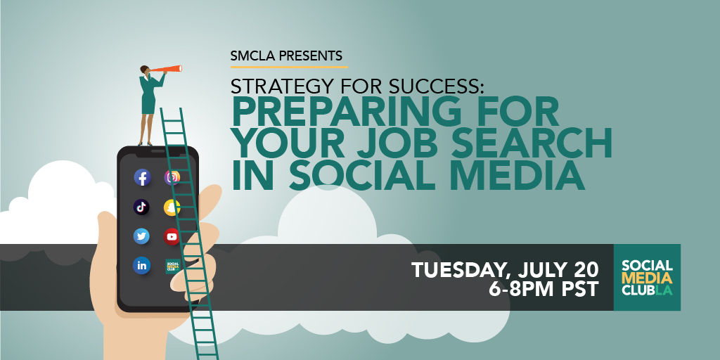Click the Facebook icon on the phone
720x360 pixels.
142,177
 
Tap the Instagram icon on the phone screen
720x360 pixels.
172,177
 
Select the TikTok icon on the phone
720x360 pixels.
142,207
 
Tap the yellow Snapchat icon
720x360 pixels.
172,207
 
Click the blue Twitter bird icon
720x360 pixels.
142,236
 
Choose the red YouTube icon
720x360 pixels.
172,236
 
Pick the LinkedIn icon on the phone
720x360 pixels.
142,265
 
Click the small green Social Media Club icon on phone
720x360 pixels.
172,266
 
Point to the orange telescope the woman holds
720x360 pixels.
169,70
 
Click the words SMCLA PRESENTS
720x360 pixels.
286,56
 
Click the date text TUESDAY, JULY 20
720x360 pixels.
505,269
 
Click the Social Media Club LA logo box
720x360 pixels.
647,277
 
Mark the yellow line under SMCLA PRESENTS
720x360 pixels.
289,67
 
